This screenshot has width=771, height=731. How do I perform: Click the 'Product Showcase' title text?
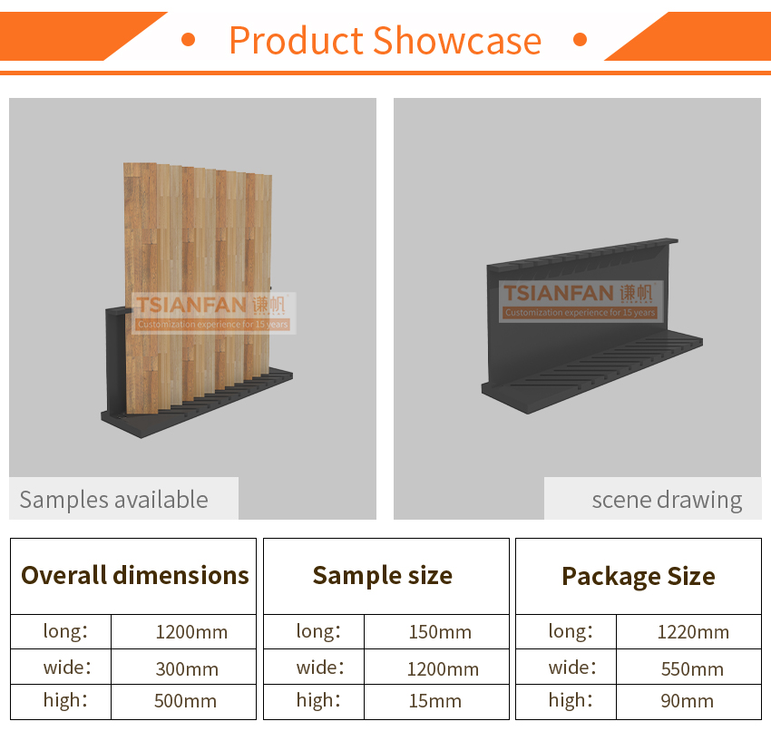click(x=385, y=41)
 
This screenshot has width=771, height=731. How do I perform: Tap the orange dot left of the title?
click(x=189, y=39)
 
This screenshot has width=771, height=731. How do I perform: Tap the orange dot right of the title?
click(x=581, y=39)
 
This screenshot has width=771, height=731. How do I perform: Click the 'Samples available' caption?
click(x=113, y=500)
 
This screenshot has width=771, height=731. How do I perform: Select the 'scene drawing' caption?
click(x=667, y=501)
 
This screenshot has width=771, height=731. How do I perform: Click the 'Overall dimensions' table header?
click(x=135, y=575)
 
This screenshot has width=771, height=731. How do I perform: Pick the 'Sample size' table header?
click(x=383, y=576)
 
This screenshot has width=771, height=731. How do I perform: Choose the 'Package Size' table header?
click(x=639, y=576)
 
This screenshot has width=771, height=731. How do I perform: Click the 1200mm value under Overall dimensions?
click(x=191, y=632)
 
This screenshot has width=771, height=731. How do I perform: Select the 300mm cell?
click(x=187, y=669)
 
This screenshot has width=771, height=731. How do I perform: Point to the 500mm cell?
click(x=185, y=701)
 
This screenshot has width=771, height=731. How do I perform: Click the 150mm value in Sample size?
click(x=440, y=632)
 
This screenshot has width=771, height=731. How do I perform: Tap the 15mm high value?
click(x=435, y=701)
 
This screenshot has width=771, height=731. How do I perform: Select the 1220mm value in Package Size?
click(x=693, y=632)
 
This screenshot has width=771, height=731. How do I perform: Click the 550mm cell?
click(x=692, y=669)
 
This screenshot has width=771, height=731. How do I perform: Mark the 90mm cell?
click(x=687, y=701)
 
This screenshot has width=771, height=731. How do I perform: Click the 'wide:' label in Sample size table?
click(x=320, y=668)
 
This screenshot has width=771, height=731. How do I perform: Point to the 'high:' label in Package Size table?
click(x=571, y=700)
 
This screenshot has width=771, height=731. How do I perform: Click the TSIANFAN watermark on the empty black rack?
click(x=581, y=300)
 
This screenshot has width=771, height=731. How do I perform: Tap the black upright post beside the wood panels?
click(x=117, y=361)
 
